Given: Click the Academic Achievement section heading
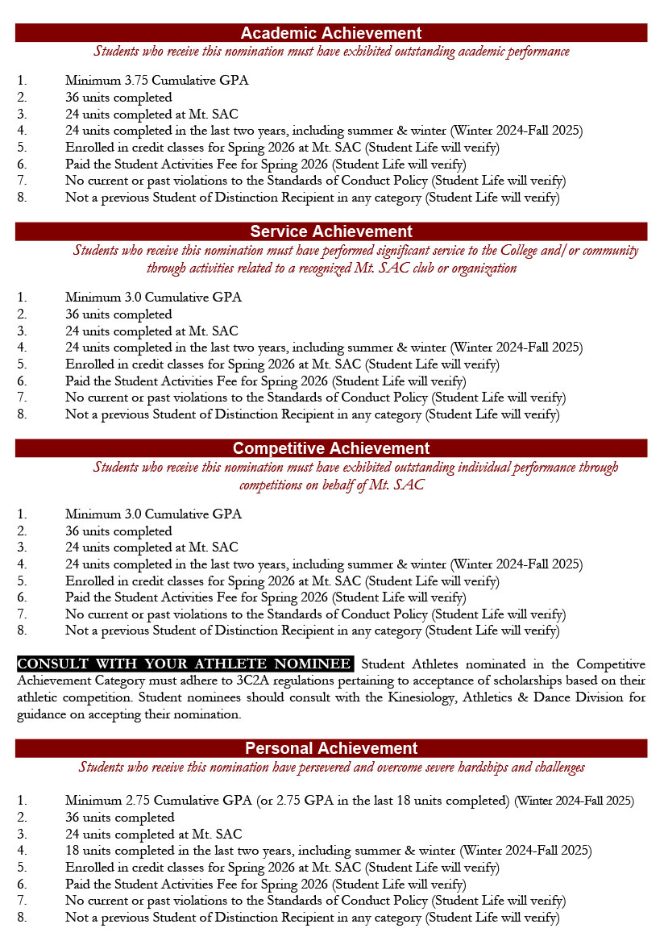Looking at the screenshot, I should click(x=330, y=33).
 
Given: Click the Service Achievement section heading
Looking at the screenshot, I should click(x=330, y=231).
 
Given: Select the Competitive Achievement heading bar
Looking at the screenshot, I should click(x=330, y=448).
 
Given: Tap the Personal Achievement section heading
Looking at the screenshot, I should click(x=330, y=748).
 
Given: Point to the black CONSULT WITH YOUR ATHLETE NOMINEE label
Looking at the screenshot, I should click(x=185, y=664).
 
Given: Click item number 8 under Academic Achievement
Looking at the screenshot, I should click(x=22, y=198).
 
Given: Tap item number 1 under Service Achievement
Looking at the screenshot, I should click(x=22, y=298).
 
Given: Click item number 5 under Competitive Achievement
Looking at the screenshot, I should click(x=22, y=581).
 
